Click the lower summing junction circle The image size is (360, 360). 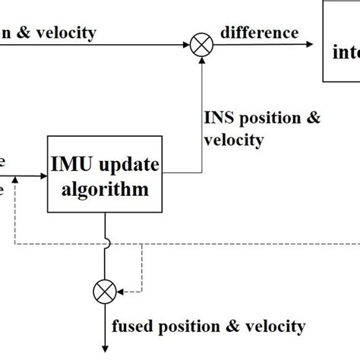(104, 291)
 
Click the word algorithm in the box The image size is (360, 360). (106, 190)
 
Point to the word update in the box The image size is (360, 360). (131, 166)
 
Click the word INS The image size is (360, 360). (218, 118)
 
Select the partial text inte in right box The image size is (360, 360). (346, 53)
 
